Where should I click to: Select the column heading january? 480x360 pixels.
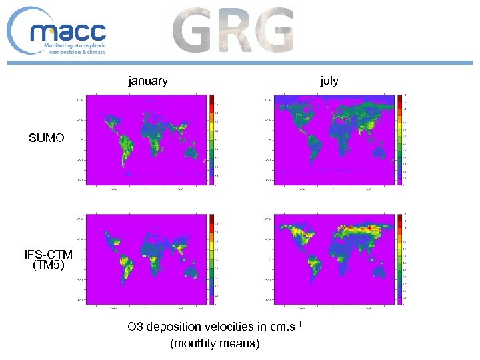(148, 81)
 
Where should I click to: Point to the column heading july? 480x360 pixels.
(329, 81)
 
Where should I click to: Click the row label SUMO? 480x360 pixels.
(47, 139)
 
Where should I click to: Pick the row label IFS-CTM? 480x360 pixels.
(49, 255)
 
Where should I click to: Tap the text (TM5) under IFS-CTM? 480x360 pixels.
(49, 265)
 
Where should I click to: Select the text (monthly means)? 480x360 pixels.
(215, 343)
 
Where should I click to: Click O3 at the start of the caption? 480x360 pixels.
(136, 327)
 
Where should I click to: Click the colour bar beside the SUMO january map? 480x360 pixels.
(213, 140)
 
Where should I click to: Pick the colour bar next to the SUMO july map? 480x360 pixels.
(401, 140)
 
